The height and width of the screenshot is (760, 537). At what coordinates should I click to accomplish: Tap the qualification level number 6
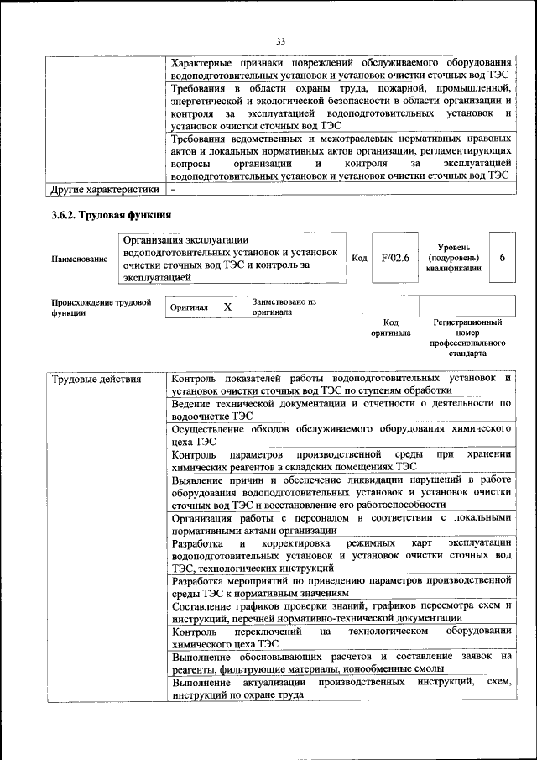coord(502,258)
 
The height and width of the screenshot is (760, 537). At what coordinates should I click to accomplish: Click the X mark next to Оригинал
coord(227,307)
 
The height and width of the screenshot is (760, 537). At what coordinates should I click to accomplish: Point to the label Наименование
coord(79,259)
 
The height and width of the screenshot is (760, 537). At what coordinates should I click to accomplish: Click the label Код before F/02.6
coord(359,259)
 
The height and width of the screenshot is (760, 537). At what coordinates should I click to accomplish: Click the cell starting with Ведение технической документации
coord(341,409)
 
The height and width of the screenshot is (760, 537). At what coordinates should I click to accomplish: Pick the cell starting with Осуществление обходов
coord(341,434)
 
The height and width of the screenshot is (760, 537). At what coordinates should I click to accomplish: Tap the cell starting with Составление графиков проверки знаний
coord(341,611)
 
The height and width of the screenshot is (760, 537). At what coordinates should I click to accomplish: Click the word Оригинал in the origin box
coord(189,308)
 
